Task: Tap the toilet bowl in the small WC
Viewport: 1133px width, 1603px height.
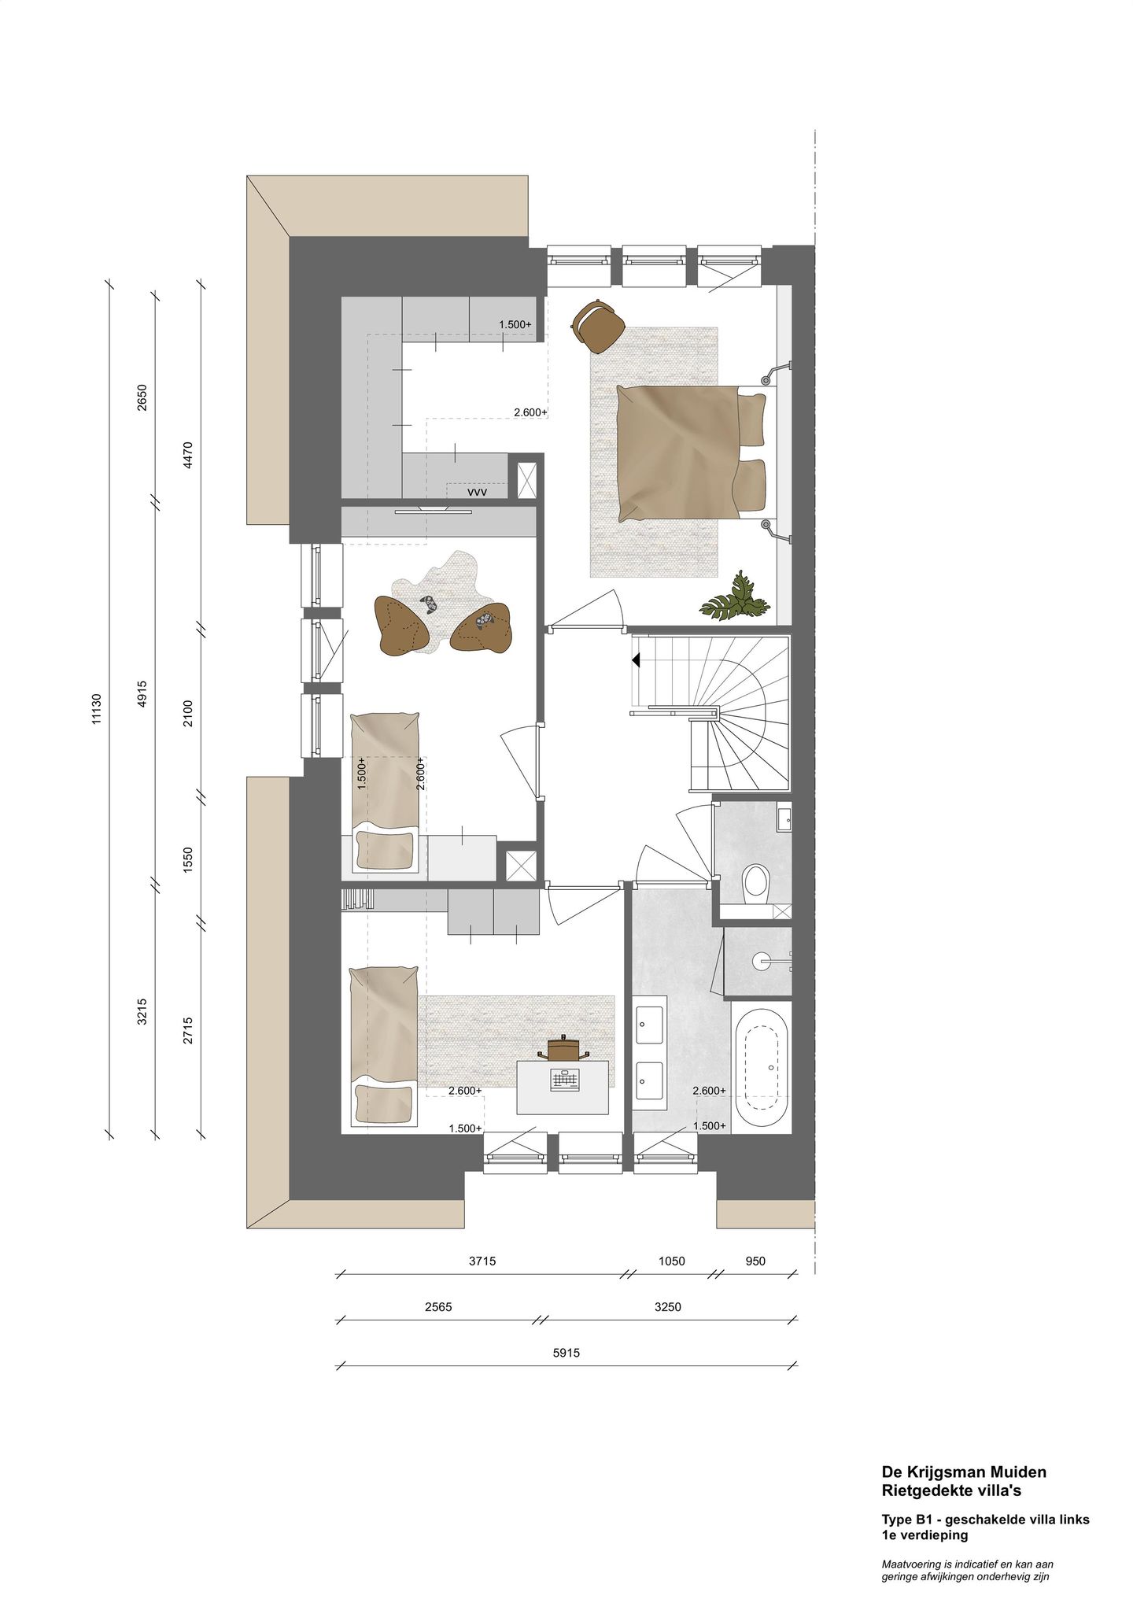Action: click(756, 881)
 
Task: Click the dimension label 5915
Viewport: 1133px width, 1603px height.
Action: click(566, 1354)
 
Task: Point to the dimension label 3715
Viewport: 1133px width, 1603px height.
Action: click(482, 1261)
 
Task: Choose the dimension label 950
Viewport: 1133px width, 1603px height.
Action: click(755, 1261)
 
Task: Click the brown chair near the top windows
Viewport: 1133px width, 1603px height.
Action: click(599, 324)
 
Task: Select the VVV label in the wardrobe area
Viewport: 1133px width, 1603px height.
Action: click(477, 492)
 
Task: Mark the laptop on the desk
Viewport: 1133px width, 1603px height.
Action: click(563, 1081)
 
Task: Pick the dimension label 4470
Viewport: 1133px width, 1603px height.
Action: click(187, 455)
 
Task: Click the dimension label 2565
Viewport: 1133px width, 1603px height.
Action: click(437, 1307)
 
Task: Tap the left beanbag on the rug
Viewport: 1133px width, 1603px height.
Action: click(401, 624)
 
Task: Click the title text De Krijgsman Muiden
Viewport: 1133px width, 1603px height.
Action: click(963, 1472)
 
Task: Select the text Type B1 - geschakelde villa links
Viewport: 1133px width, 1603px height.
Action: click(985, 1520)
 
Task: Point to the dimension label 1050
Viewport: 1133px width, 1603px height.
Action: click(671, 1261)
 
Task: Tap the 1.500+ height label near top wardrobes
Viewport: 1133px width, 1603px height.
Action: click(515, 324)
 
